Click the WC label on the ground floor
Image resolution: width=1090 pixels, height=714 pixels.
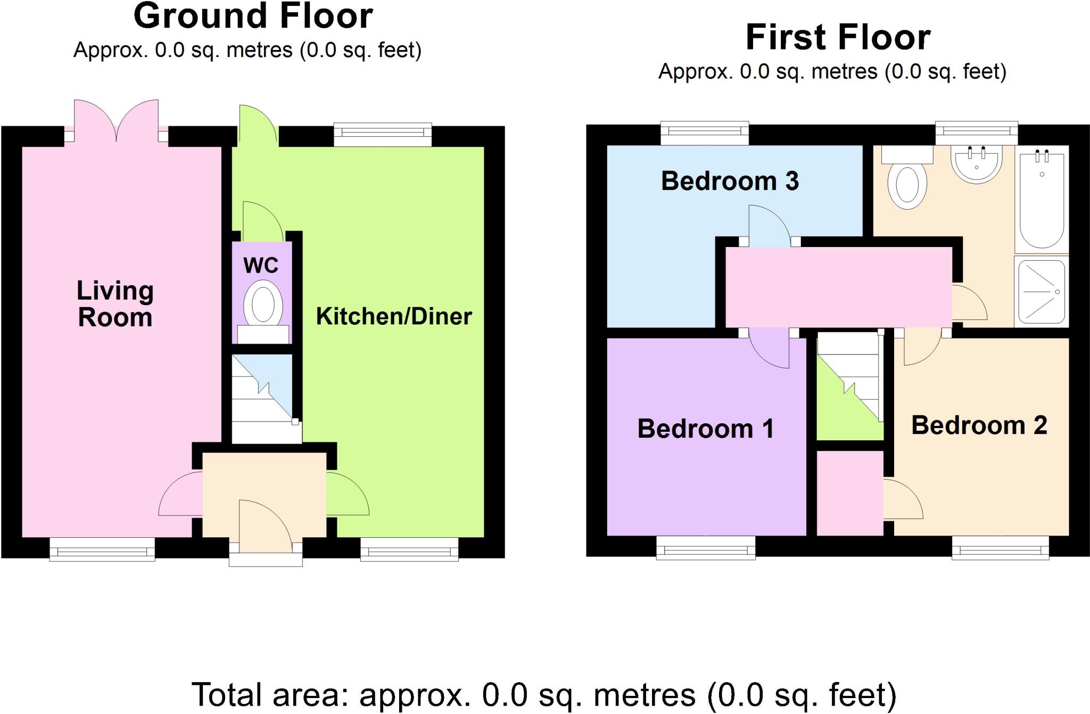261,265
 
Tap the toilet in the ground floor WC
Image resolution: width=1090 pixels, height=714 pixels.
263,306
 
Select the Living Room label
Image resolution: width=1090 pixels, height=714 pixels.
115,304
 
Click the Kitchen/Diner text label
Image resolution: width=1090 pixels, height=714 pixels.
394,316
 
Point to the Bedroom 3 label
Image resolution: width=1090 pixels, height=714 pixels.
730,181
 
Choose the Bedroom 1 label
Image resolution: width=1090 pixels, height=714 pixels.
705,429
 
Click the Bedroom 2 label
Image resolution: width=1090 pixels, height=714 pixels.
979,425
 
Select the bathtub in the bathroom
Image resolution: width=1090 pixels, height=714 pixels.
1042,200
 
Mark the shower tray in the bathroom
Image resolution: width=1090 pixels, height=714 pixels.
1042,291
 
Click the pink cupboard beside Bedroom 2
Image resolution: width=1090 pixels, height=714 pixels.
850,493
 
